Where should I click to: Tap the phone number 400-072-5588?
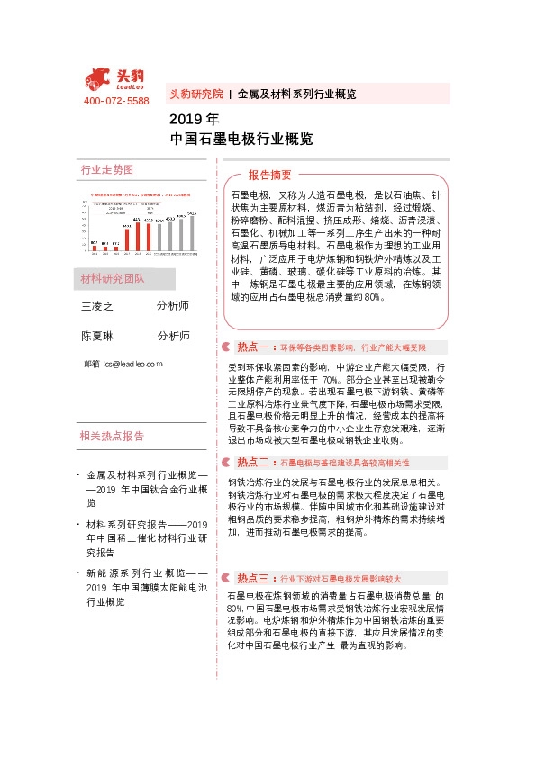pos(116,101)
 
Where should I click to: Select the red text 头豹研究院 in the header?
pos(195,94)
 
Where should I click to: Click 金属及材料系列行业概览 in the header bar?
pos(296,94)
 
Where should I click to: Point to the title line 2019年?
pos(194,119)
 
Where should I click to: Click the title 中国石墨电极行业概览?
pos(241,139)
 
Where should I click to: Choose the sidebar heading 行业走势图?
pos(106,170)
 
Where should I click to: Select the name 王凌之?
pos(98,306)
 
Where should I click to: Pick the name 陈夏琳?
pos(98,336)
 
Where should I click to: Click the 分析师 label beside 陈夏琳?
pos(173,336)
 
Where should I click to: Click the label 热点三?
pos(255,577)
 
